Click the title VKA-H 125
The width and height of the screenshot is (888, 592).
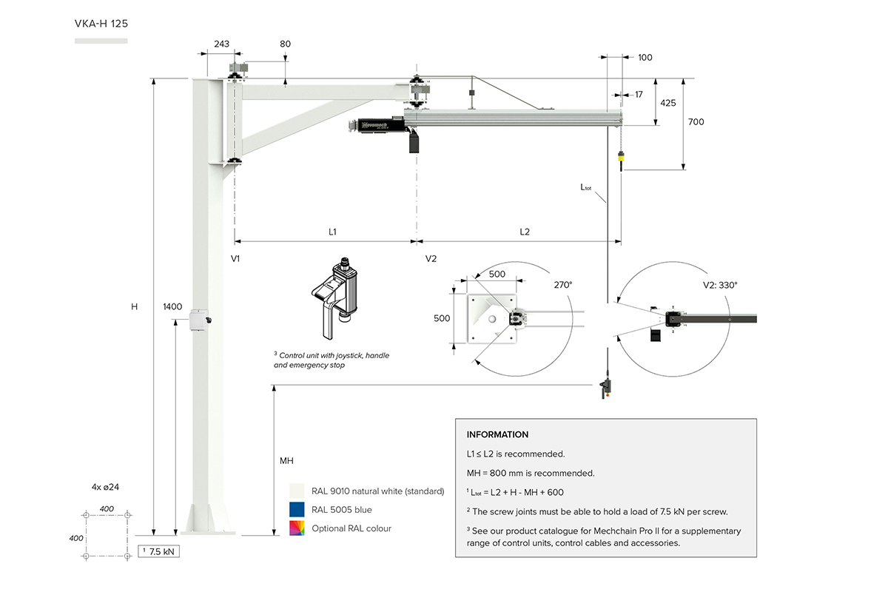coord(101,23)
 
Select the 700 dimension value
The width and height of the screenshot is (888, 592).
coord(696,121)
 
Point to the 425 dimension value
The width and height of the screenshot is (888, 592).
coord(667,104)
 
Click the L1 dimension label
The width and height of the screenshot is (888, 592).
coord(332,232)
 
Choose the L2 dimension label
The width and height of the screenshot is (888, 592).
coord(525,232)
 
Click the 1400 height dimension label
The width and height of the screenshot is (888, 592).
coord(172,306)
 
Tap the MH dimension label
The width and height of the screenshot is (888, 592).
coord(286,461)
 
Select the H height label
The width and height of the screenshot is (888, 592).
coord(134,306)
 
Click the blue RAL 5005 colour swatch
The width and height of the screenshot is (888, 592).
coord(297,509)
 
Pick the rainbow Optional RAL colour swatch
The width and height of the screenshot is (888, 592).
coord(297,528)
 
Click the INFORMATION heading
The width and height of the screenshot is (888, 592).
coord(497,434)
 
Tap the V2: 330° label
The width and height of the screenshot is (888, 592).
coord(719,284)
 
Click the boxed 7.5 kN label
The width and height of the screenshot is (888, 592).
coord(160,551)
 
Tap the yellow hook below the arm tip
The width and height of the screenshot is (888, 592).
coord(622,157)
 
